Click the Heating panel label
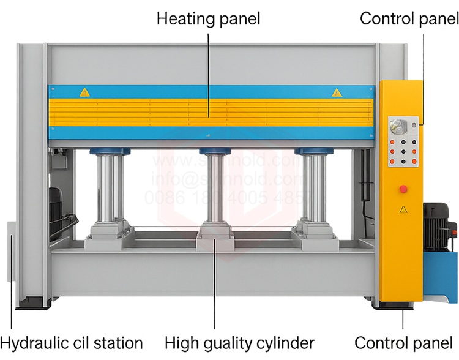[208, 18]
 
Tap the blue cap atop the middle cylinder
[215, 151]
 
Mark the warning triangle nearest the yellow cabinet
[335, 92]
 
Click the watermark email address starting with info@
[226, 180]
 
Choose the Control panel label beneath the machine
[403, 342]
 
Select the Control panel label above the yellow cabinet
[409, 18]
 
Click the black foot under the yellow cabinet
[401, 305]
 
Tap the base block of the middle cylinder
[215, 230]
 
